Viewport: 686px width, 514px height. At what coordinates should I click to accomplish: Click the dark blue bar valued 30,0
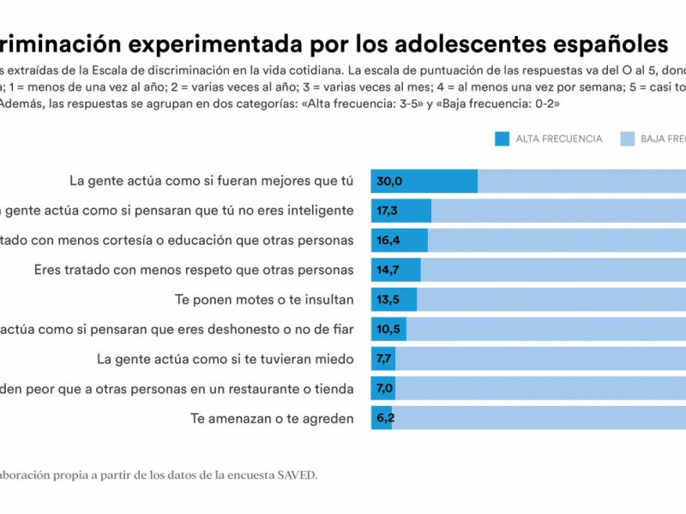pos(424,181)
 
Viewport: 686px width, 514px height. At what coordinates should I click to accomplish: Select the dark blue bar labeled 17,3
pos(400,211)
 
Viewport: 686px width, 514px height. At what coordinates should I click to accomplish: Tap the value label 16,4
pos(388,241)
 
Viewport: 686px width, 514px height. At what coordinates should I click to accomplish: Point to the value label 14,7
pos(388,270)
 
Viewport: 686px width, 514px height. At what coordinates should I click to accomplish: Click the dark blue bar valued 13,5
pos(394,300)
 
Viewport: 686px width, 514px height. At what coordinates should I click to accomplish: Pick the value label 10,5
pos(388,330)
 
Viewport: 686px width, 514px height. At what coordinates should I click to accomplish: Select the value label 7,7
pos(384,359)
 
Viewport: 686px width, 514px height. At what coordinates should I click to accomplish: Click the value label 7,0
pos(384,389)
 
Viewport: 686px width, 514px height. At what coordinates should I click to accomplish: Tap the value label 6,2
pos(384,419)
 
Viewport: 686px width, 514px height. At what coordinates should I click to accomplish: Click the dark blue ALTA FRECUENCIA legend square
pos(502,139)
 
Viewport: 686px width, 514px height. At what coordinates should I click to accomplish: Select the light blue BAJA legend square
pos(627,139)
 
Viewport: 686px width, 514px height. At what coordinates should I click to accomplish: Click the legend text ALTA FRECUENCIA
pos(558,139)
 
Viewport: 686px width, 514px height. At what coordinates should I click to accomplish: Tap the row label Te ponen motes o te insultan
pos(264,300)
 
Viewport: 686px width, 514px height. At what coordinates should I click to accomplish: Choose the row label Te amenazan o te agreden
pos(272,419)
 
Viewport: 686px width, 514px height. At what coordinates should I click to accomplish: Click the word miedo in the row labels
pos(334,359)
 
